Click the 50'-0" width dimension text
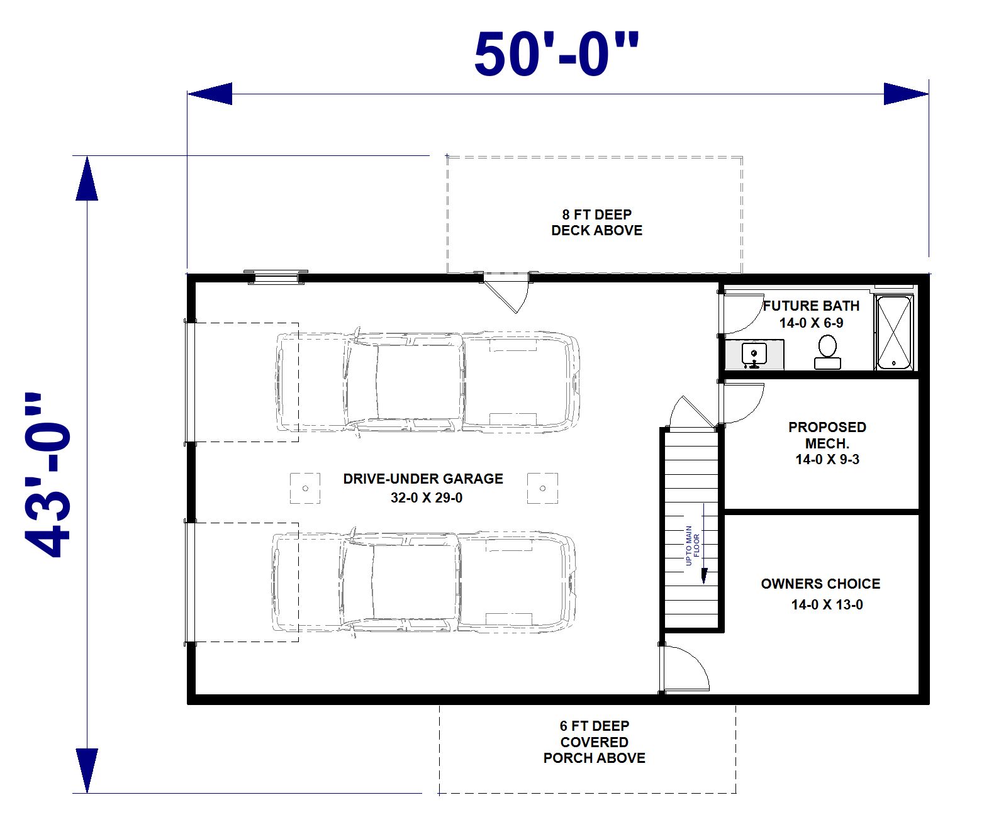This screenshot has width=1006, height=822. (556, 54)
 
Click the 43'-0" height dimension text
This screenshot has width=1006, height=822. (48, 475)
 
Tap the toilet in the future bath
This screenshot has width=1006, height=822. (827, 352)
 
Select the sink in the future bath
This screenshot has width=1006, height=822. (754, 355)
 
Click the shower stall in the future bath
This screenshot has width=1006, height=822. (893, 332)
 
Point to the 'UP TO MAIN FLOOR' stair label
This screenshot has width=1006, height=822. (692, 545)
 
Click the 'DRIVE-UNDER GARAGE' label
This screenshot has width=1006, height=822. (423, 479)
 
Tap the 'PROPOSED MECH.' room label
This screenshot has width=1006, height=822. (827, 435)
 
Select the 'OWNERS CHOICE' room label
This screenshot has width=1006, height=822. (820, 584)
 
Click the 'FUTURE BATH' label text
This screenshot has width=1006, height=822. (811, 306)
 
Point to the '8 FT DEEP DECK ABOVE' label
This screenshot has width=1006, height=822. (596, 222)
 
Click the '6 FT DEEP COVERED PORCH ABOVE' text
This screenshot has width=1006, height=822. (594, 741)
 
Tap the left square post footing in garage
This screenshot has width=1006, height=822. (305, 488)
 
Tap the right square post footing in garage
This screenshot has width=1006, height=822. (542, 488)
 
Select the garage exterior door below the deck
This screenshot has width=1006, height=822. (506, 292)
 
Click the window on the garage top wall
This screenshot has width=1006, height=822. (276, 277)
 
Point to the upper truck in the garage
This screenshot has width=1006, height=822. (428, 382)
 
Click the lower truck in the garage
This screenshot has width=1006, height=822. (424, 582)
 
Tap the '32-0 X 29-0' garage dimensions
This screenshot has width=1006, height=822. (427, 497)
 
